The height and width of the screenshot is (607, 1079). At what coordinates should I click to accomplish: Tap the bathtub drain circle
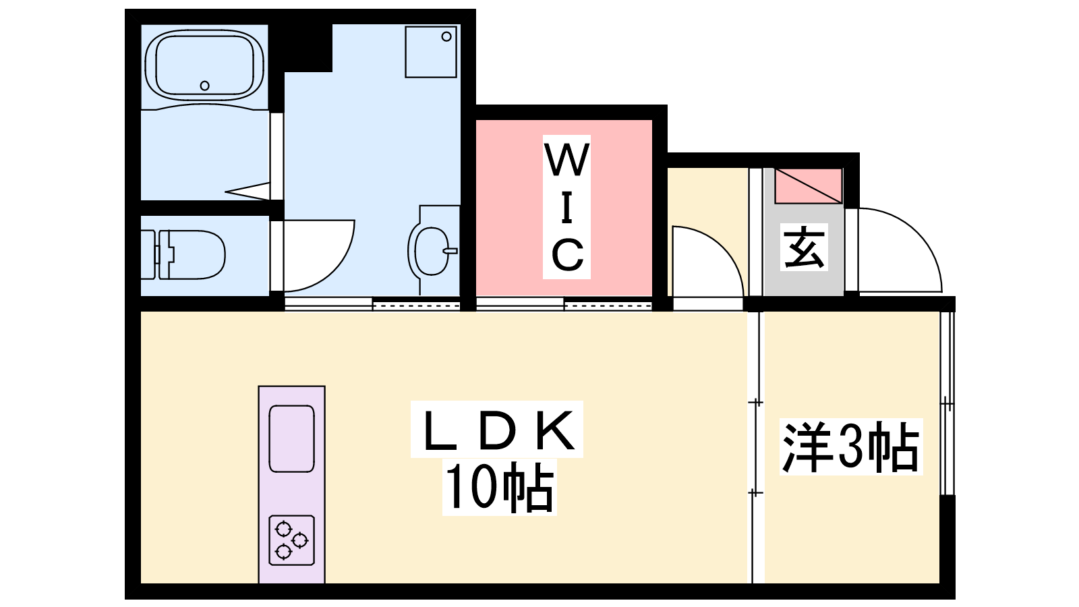pos(205,86)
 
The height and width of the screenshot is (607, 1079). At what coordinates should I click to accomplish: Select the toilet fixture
pos(183,254)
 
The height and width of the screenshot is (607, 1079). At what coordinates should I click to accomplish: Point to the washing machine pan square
pos(431,51)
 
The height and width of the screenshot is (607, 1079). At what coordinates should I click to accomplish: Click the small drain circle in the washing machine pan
pos(446,36)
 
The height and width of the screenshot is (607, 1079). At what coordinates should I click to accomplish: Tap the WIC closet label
pos(567,207)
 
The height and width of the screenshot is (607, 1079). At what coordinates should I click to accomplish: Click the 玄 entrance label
pos(803,247)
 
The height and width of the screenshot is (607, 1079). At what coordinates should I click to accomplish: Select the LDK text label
pos(497,429)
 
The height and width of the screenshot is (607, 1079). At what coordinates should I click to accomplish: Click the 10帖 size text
pos(500,487)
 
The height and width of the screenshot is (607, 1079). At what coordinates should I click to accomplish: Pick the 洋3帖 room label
pos(851,447)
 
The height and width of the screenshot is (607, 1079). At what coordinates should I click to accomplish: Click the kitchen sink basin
pos(292,438)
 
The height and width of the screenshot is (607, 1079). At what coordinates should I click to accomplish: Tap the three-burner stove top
pos(292,540)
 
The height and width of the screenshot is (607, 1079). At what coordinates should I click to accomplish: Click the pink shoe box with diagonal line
pos(809,186)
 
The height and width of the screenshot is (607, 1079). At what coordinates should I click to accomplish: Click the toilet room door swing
pos(320,256)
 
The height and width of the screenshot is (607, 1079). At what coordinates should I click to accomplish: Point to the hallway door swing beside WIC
pos(708,261)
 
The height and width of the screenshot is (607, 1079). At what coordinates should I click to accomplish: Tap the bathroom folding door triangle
pos(247,190)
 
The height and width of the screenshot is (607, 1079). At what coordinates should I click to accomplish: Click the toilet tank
pos(149,254)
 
